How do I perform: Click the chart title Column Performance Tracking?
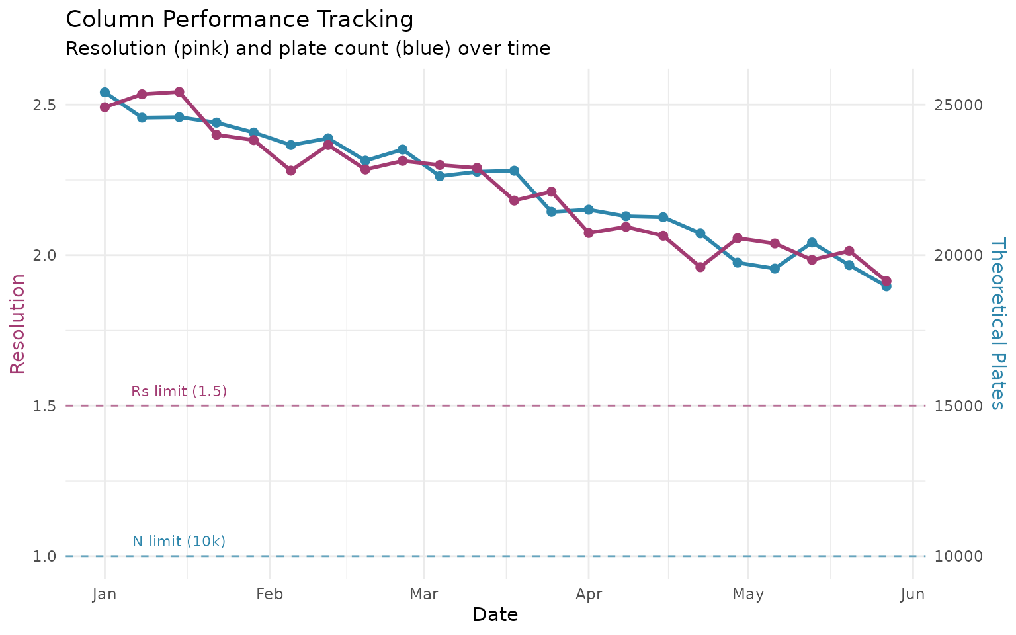[239, 20]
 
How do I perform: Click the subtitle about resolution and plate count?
[308, 49]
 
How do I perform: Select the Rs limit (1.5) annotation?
[179, 391]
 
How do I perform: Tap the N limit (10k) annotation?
[179, 541]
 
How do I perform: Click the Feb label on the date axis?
[269, 595]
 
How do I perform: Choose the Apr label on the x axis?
[589, 595]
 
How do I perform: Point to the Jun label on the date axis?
[913, 595]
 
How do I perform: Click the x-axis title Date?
[495, 615]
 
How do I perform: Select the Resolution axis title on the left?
[18, 324]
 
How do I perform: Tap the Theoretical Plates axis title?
[998, 324]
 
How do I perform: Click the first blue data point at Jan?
[105, 93]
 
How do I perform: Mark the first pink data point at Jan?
[105, 107]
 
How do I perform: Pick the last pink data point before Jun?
[886, 281]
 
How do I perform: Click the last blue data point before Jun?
[886, 286]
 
